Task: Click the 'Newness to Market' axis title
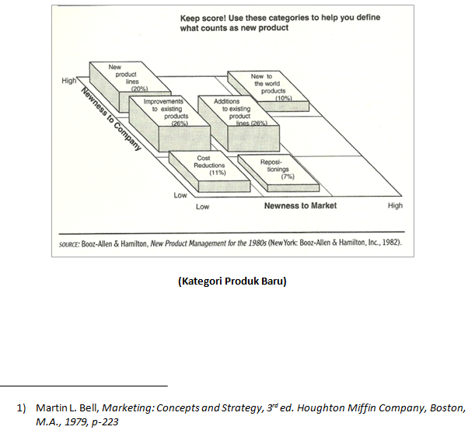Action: click(300, 206)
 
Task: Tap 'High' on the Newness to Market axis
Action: click(395, 206)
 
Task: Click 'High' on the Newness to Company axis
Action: click(69, 81)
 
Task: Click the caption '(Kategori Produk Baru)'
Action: click(232, 281)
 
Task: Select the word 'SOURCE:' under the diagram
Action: click(72, 242)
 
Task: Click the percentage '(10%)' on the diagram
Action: click(283, 98)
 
